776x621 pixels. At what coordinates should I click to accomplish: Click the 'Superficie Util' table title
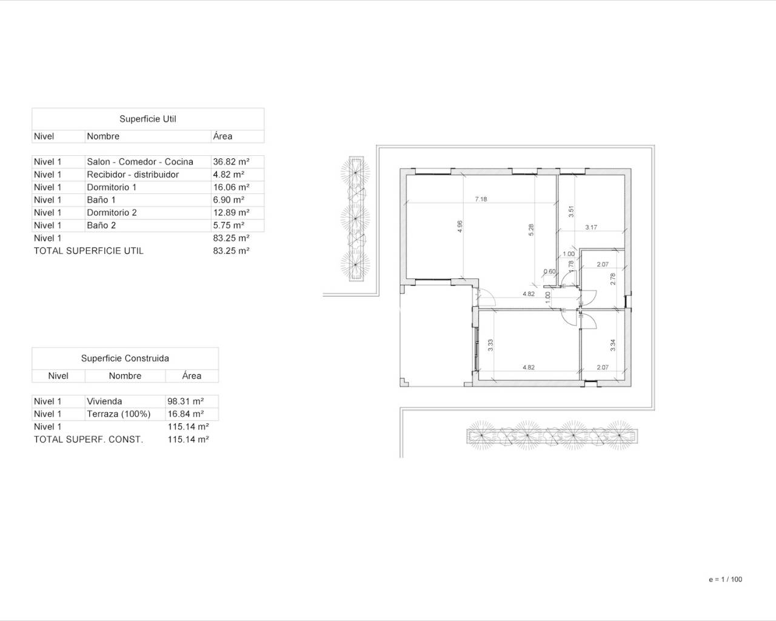point(148,119)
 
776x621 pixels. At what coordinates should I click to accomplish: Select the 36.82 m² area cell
point(231,162)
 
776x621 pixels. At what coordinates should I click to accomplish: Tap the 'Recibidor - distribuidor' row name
point(133,174)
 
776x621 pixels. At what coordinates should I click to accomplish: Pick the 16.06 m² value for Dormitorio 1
point(231,187)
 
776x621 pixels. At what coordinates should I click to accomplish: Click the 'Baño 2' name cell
point(101,225)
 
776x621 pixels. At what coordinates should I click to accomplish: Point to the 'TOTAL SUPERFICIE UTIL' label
point(89,251)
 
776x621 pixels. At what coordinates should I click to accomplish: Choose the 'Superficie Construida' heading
point(125,358)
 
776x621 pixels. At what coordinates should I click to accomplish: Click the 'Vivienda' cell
point(104,401)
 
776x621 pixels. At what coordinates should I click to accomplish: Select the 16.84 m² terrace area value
point(186,414)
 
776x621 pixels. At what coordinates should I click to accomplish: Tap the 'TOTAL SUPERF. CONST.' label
point(89,440)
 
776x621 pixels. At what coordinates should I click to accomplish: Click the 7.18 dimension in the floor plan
point(481,199)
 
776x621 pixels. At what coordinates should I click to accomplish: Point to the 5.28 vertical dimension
point(531,230)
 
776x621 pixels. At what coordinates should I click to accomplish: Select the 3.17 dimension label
point(591,227)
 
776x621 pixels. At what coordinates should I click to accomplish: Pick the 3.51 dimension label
point(571,212)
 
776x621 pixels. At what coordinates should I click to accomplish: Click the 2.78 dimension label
point(613,280)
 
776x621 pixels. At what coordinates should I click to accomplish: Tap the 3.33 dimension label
point(490,345)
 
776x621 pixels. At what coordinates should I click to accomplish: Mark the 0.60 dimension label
point(549,271)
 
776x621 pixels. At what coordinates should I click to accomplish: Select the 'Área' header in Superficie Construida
point(192,375)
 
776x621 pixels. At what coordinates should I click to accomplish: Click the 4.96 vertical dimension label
point(460,226)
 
